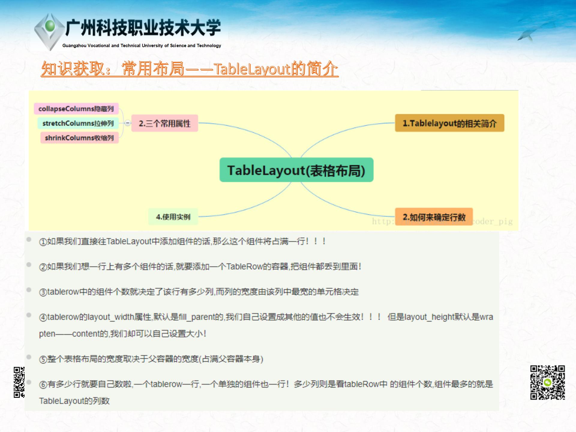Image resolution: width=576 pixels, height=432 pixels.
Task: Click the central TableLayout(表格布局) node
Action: (x=296, y=170)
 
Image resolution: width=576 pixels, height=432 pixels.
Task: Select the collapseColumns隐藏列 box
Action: (x=76, y=109)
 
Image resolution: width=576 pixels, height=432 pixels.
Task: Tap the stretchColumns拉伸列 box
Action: (x=78, y=123)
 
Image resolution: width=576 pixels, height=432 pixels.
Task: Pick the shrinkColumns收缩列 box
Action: (x=79, y=138)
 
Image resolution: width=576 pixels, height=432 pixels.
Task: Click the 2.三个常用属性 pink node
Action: (x=165, y=123)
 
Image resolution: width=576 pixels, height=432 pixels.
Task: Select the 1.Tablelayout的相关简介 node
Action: (x=449, y=123)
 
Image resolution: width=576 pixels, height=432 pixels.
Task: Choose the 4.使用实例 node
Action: (x=173, y=217)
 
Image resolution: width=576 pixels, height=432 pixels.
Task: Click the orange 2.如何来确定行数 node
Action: (x=434, y=217)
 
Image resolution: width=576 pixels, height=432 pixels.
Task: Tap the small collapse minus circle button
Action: (x=128, y=123)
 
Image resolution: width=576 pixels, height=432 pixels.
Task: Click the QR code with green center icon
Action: (x=547, y=382)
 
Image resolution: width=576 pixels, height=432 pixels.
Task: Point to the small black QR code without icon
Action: (x=19, y=382)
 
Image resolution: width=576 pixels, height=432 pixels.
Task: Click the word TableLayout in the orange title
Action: (x=252, y=69)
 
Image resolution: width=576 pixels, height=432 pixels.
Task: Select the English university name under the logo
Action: (x=142, y=46)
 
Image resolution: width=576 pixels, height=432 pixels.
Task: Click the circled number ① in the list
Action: (x=43, y=242)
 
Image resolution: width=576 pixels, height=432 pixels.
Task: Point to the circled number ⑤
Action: (x=43, y=359)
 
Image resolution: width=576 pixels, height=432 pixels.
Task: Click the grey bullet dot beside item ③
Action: (x=29, y=290)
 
